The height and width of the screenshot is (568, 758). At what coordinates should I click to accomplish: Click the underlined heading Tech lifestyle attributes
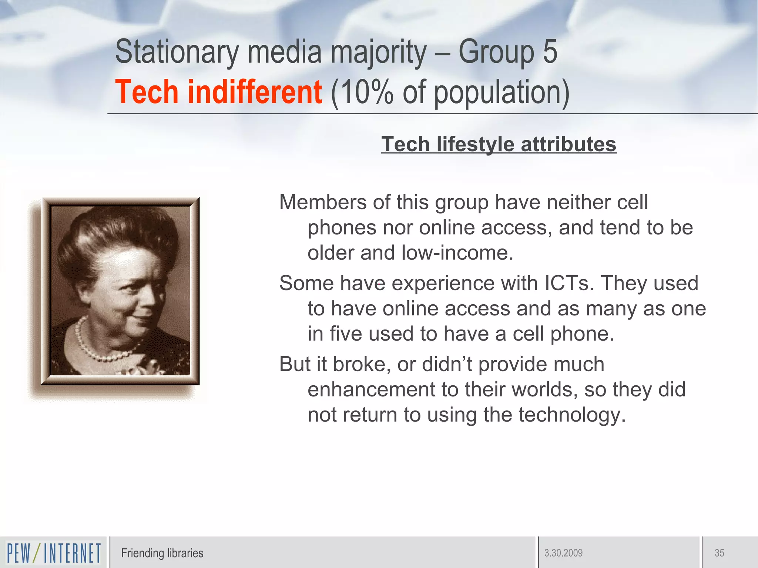499,144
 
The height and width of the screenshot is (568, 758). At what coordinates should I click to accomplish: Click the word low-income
457,253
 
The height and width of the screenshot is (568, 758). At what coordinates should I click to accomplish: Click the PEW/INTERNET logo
54,553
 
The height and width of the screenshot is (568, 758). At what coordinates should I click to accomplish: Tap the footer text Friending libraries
162,553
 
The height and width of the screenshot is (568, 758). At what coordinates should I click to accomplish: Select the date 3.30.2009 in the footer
563,553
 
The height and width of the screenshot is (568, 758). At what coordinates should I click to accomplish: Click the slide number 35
719,553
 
